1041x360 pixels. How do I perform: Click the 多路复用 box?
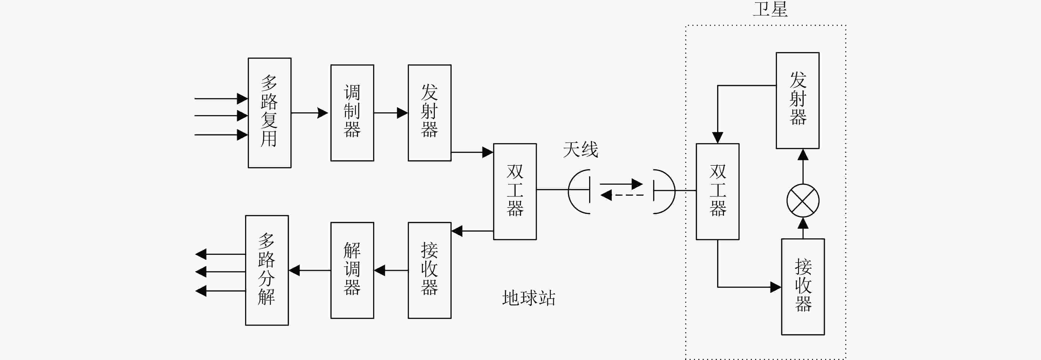point(270,113)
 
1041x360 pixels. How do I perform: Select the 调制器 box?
point(352,113)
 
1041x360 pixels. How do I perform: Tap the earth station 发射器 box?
point(430,113)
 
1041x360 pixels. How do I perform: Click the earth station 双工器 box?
point(515,192)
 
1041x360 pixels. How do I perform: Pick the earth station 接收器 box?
point(430,270)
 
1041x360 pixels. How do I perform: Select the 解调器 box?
point(352,270)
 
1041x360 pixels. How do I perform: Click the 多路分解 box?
point(267,270)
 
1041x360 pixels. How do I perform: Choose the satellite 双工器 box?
point(717,192)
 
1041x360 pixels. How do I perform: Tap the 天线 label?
point(580,149)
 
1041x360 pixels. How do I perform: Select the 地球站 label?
point(528,298)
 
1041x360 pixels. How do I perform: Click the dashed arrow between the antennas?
point(622,196)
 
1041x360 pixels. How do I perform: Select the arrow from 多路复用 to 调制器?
point(310,113)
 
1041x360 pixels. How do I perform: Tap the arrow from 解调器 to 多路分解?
point(310,270)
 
